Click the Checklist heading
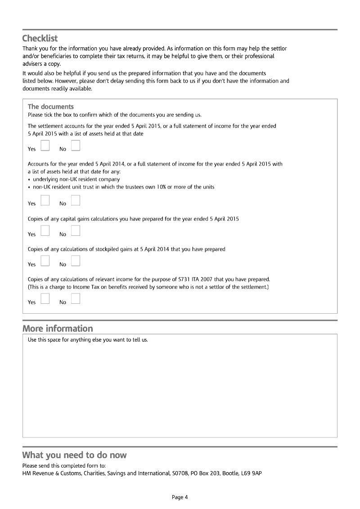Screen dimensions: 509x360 pos(40,38)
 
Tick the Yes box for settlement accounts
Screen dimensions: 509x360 pos(45,145)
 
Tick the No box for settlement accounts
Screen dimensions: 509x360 pos(76,145)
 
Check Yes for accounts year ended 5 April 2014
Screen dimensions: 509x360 pos(45,200)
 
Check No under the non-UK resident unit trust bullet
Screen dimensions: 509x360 pos(76,200)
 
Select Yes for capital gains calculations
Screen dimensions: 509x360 pos(45,230)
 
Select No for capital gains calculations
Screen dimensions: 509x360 pos(76,230)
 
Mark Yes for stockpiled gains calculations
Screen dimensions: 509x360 pos(45,261)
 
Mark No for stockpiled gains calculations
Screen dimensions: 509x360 pos(76,261)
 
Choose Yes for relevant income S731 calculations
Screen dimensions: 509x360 pos(45,298)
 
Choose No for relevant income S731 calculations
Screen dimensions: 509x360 pos(76,298)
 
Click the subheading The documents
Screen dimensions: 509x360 pos(50,107)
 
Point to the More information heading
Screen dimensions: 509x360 pos(58,329)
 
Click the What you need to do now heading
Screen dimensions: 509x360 pos(74,455)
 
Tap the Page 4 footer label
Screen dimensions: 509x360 pos(180,497)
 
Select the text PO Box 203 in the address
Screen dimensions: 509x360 pos(201,473)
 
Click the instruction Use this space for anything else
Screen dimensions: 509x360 pos(88,340)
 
